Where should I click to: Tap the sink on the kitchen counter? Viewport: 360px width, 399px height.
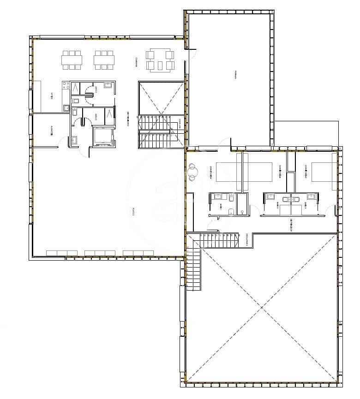[66, 108]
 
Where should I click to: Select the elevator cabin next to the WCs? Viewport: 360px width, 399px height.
[103, 136]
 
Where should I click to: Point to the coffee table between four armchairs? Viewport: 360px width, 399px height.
[160, 60]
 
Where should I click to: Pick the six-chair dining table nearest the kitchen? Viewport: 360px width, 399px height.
[72, 60]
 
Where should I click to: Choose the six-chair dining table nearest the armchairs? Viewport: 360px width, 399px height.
[104, 60]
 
